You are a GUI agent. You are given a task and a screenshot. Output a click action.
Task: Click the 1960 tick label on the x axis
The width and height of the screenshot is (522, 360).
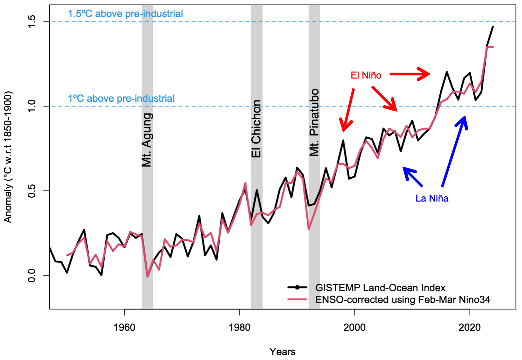click(124, 327)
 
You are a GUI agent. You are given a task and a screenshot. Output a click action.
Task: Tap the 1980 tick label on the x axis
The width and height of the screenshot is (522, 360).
click(239, 327)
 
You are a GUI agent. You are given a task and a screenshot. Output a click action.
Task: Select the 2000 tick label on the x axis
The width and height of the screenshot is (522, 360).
click(354, 327)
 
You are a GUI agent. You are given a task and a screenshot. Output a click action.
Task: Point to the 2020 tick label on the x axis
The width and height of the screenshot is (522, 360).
click(470, 327)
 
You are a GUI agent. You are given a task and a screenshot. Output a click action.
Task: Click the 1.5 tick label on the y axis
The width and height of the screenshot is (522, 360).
click(32, 22)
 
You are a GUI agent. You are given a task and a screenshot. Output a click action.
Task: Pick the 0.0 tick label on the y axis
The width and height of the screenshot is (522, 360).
click(32, 275)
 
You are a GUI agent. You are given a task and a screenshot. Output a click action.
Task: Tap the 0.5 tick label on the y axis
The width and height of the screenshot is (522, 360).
click(32, 191)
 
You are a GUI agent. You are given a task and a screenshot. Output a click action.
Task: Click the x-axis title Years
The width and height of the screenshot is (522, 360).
click(282, 352)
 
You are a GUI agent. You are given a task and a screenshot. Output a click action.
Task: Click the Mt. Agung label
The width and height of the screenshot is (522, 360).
click(147, 140)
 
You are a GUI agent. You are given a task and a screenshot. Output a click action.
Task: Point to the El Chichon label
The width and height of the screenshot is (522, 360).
click(256, 129)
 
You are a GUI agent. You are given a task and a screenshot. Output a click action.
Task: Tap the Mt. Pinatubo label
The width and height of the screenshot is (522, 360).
click(314, 123)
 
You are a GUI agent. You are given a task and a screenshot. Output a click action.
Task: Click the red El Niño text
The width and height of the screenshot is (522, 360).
click(366, 75)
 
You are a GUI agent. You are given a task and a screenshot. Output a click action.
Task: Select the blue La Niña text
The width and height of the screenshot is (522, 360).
click(432, 198)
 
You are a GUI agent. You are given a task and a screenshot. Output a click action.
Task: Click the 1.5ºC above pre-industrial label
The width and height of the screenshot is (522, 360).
click(125, 14)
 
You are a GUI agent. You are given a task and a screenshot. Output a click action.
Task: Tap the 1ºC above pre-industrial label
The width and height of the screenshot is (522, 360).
click(121, 99)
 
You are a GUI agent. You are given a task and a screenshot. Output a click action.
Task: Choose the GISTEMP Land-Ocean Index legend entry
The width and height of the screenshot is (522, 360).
click(380, 288)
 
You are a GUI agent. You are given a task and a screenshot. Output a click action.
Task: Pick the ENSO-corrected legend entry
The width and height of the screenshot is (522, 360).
click(402, 300)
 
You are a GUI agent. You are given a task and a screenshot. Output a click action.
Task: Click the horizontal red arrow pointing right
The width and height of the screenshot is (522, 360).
click(410, 74)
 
